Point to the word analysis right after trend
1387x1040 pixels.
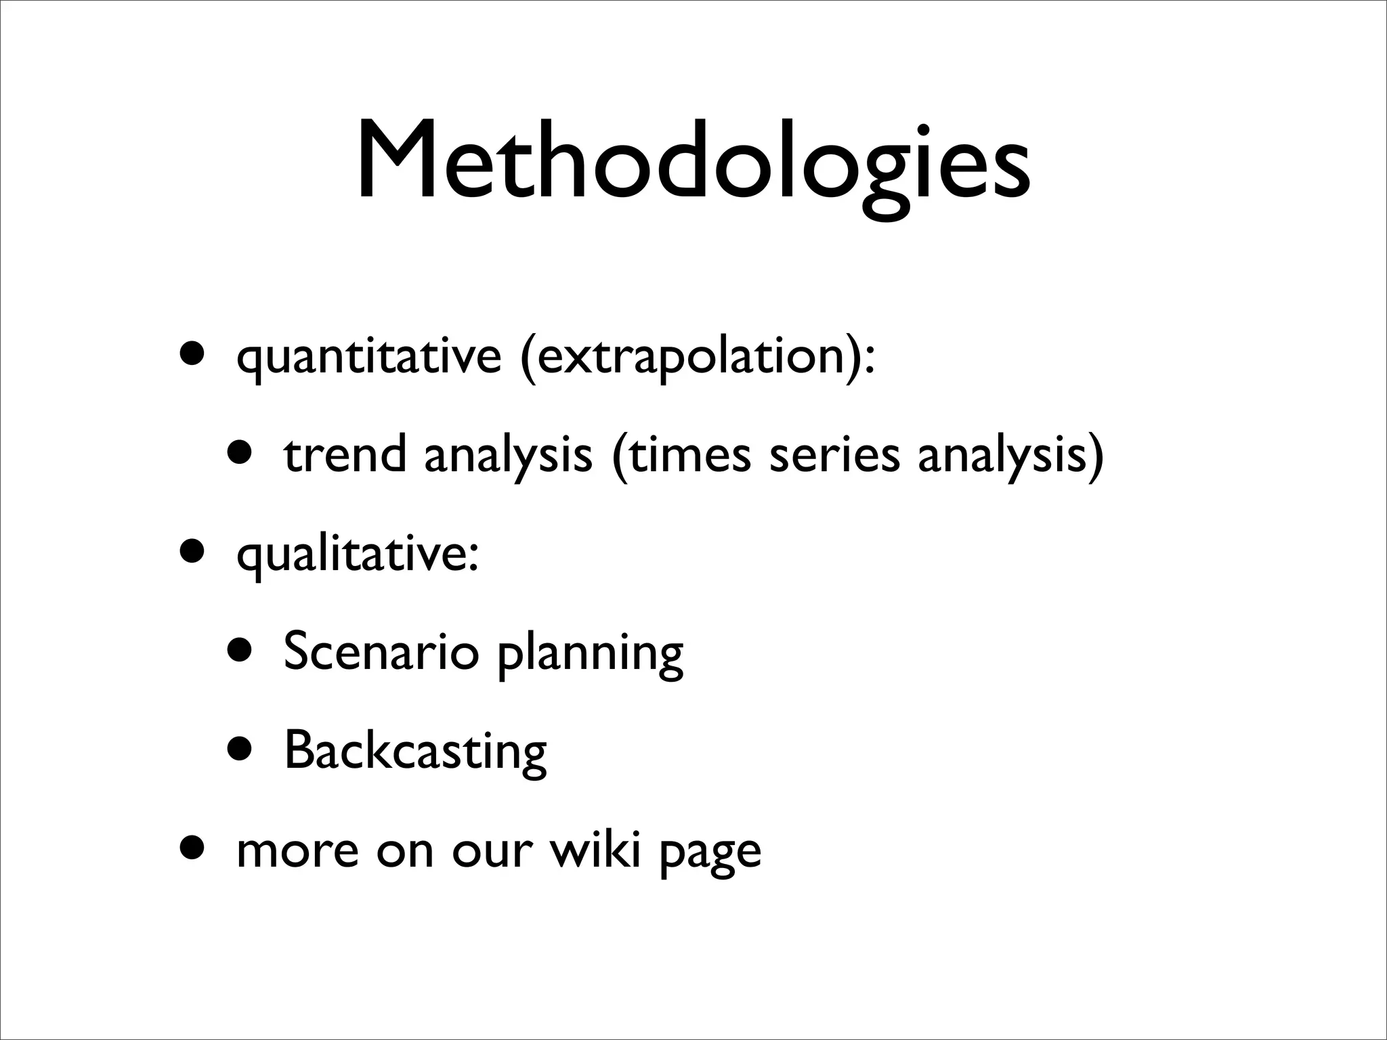(508, 455)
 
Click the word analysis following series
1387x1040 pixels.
(1002, 455)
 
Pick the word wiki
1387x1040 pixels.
(595, 850)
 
